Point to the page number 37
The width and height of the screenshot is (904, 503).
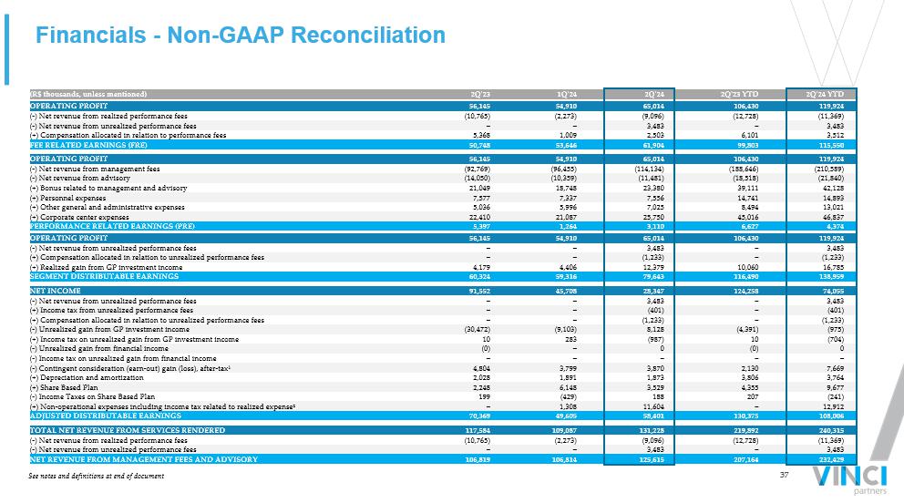click(x=784, y=475)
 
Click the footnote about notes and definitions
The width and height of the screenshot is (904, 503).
click(x=97, y=476)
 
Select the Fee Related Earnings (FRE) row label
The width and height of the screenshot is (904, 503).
click(x=80, y=145)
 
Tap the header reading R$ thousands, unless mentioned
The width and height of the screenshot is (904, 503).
click(x=87, y=95)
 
